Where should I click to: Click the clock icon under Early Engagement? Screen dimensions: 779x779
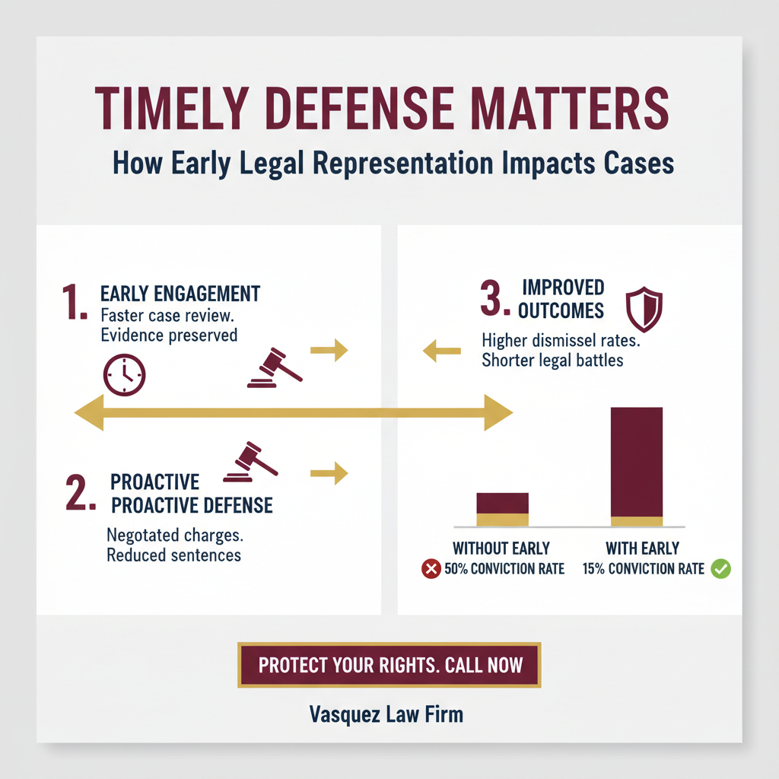(x=124, y=374)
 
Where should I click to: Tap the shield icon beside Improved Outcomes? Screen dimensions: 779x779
(x=644, y=309)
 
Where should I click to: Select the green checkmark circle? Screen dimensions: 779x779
(x=720, y=568)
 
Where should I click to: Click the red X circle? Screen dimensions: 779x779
(x=431, y=568)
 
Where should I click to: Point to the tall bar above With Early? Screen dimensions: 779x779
(x=637, y=466)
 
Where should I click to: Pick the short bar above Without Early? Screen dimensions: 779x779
(x=502, y=509)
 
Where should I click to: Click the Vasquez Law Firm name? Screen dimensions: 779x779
(x=386, y=714)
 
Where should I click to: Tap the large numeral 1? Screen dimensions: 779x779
(x=74, y=301)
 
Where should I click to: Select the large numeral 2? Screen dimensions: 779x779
(x=80, y=492)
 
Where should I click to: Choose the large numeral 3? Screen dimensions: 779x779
(x=494, y=298)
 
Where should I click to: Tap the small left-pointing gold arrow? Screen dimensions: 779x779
(x=442, y=351)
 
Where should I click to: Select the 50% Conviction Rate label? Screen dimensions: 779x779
(x=504, y=569)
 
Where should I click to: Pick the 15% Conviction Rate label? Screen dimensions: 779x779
(x=644, y=569)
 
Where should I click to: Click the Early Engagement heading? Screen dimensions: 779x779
(x=180, y=294)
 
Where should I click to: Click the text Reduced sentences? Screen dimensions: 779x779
(x=174, y=555)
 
